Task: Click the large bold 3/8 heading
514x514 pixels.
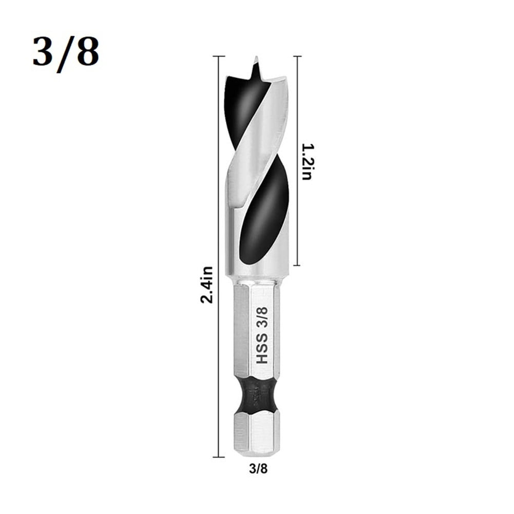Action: point(65,52)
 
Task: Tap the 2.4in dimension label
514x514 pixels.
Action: point(206,284)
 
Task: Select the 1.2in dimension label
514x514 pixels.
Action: point(306,161)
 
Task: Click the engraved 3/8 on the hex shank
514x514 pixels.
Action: point(262,316)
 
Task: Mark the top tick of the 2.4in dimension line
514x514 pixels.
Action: point(218,56)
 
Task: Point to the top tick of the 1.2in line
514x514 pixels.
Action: point(297,56)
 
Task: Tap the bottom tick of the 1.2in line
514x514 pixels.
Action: point(297,265)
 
